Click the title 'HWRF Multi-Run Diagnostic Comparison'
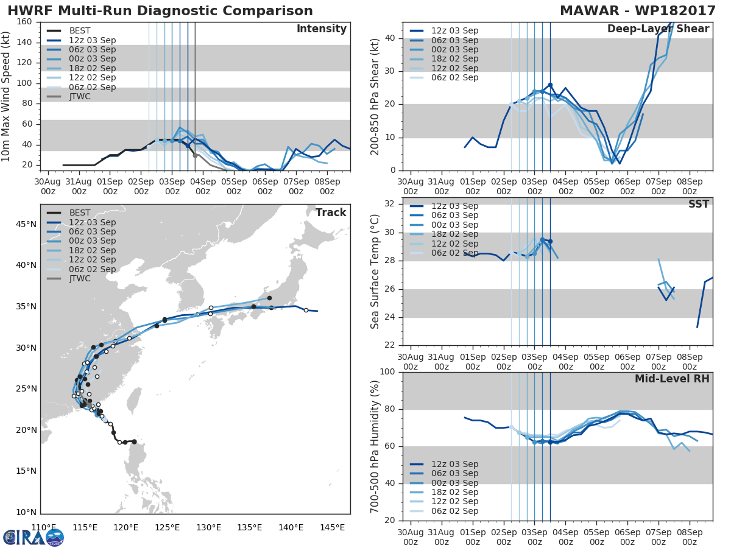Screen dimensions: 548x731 (x=160, y=11)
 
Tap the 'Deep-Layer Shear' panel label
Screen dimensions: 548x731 (x=658, y=29)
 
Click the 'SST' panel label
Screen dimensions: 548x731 (x=698, y=204)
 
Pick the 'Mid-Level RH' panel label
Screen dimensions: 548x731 (x=672, y=379)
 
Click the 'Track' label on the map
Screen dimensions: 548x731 (x=330, y=213)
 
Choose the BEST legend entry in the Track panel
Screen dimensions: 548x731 (x=80, y=213)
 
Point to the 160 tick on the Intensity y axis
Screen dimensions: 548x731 (x=24, y=22)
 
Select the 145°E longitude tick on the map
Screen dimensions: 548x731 (x=333, y=527)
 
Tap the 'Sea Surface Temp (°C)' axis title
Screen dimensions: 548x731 (x=375, y=271)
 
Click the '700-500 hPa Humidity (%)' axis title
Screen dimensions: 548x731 (x=375, y=446)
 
